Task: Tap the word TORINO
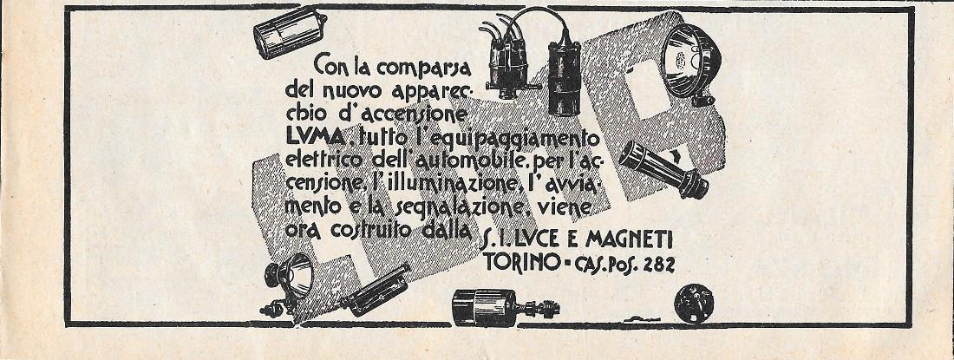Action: tap(516, 261)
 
